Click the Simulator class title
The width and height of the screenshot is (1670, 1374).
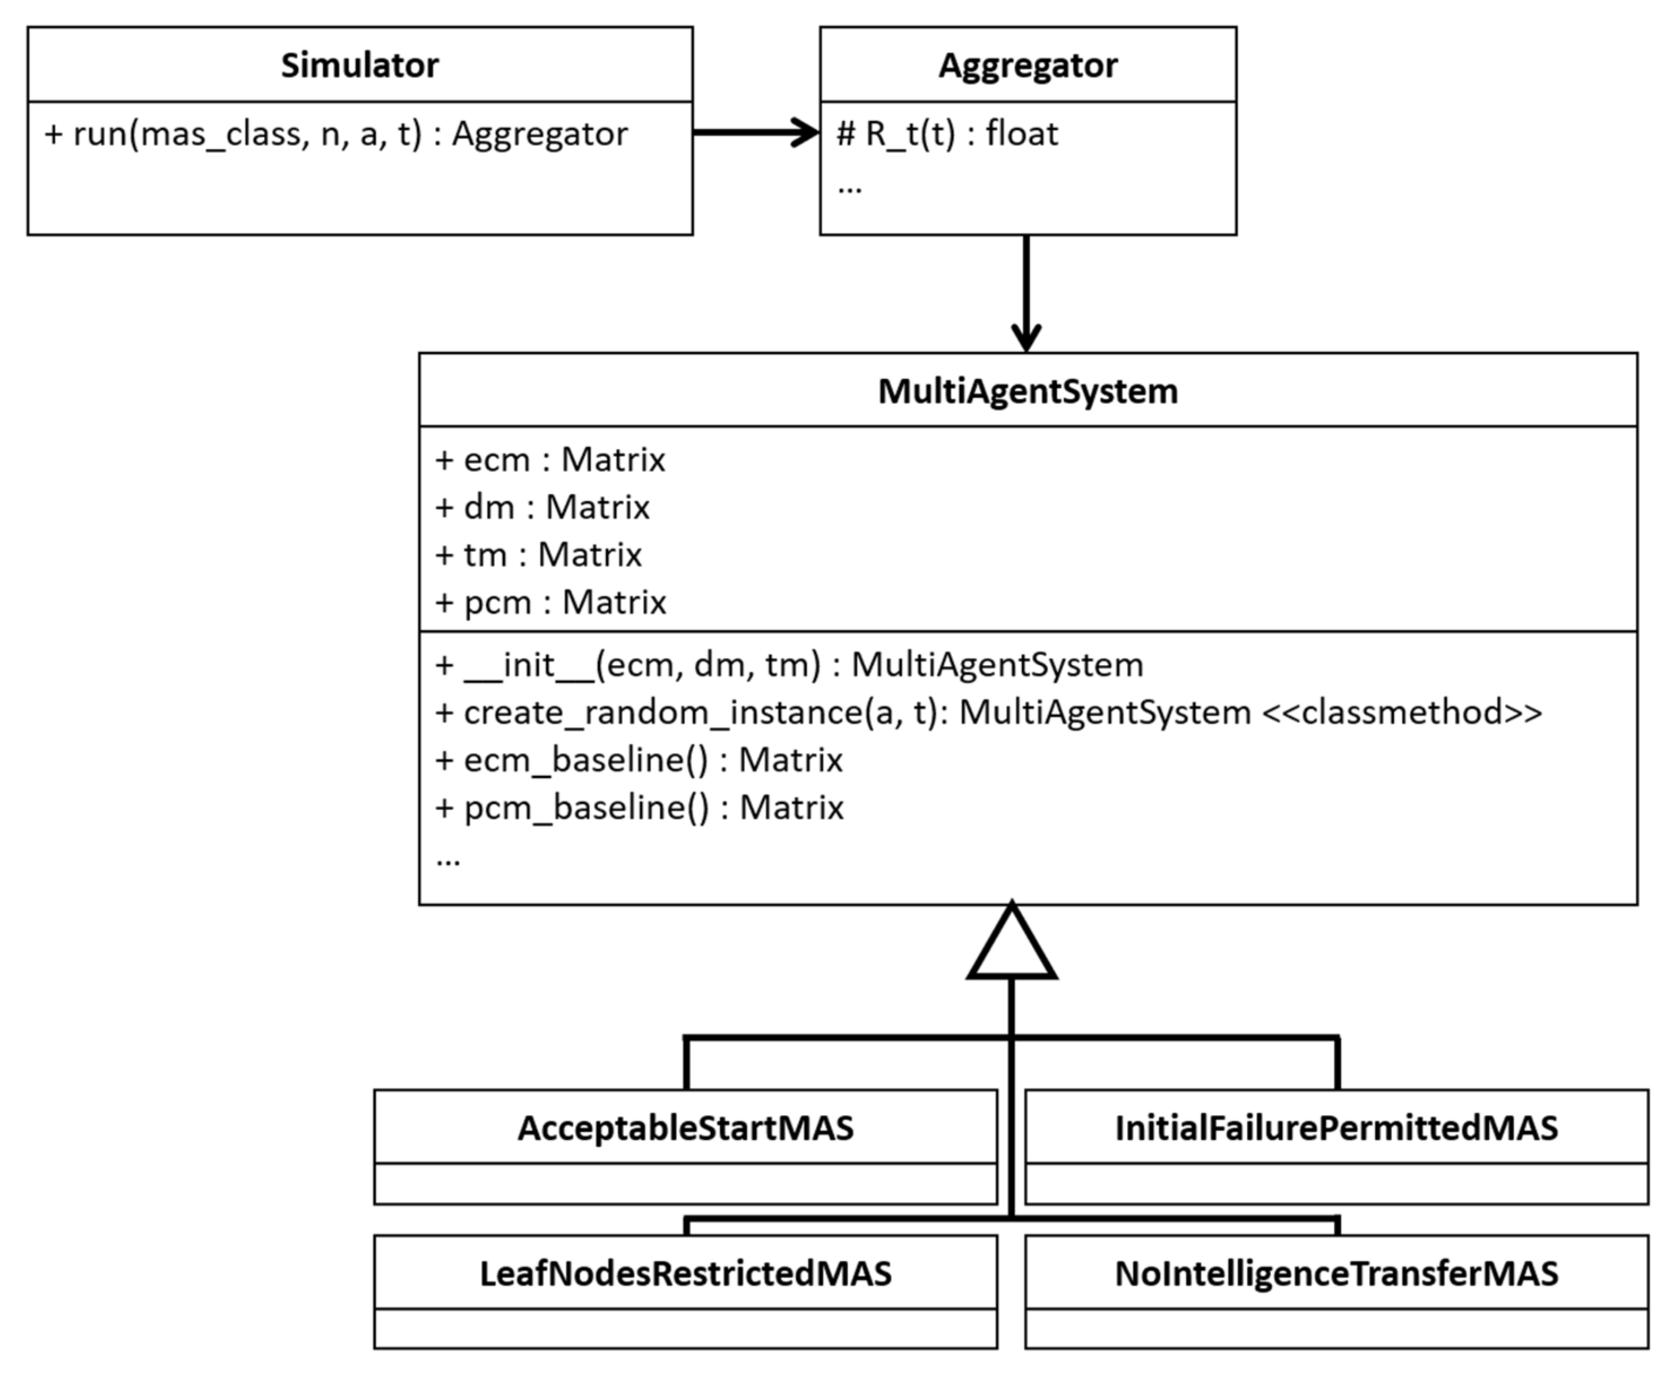tap(359, 65)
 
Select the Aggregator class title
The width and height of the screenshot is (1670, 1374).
tap(1028, 65)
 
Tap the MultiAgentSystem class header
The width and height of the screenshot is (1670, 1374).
tap(1028, 391)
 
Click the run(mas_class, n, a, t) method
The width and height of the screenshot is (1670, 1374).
tap(336, 134)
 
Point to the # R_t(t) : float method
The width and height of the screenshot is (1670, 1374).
tap(947, 134)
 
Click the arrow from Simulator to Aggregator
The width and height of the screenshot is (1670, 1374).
tap(756, 132)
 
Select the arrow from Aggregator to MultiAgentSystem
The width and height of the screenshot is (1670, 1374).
tap(1026, 293)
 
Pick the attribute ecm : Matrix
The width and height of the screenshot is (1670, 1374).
tap(550, 460)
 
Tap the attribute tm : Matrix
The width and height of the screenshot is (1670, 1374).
tap(538, 555)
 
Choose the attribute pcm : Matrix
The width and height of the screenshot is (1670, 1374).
tap(551, 602)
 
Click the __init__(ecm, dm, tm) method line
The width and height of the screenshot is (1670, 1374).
tap(789, 665)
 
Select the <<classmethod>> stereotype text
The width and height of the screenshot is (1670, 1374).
tap(1402, 712)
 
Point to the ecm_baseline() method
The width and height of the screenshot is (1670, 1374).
tap(639, 760)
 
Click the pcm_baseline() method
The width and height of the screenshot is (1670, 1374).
tap(639, 808)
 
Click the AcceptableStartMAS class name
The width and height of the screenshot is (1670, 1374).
tap(685, 1129)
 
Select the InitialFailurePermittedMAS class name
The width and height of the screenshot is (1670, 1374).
tap(1336, 1129)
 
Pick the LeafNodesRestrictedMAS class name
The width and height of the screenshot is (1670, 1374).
tap(685, 1274)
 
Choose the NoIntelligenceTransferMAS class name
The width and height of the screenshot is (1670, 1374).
tap(1336, 1274)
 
